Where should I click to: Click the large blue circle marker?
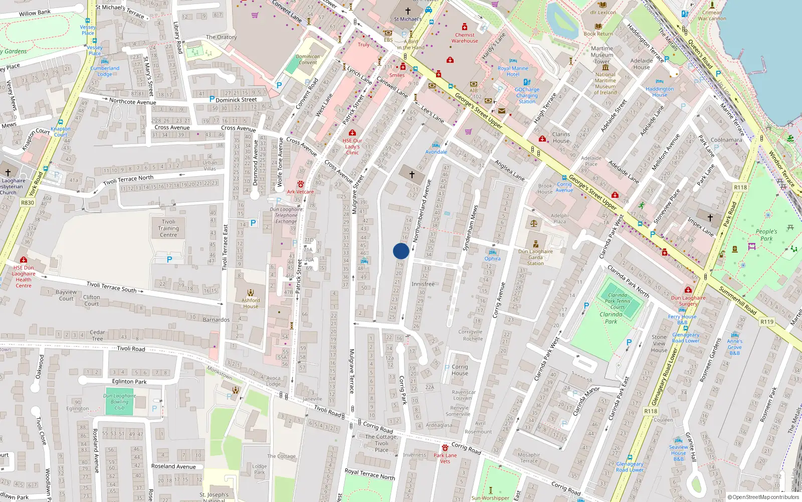click(401, 251)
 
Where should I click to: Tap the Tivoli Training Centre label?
click(168, 228)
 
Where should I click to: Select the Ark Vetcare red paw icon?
click(300, 184)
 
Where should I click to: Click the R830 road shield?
click(28, 203)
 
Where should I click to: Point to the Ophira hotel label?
click(492, 259)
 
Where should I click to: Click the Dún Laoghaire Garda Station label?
click(535, 257)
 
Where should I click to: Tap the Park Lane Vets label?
click(445, 458)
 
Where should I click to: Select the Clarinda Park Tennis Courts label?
click(618, 301)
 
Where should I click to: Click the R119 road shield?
click(767, 322)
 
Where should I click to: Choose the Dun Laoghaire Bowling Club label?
click(119, 402)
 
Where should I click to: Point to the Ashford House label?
click(251, 303)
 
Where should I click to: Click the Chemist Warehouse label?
click(465, 38)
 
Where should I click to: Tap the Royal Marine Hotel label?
click(513, 71)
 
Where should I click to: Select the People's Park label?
click(766, 235)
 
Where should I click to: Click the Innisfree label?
click(423, 284)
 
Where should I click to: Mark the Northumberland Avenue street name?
click(422, 211)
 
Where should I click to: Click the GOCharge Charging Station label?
click(527, 95)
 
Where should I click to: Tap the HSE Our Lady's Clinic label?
click(352, 147)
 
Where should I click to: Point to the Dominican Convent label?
click(308, 59)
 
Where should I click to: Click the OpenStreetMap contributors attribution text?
click(763, 497)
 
